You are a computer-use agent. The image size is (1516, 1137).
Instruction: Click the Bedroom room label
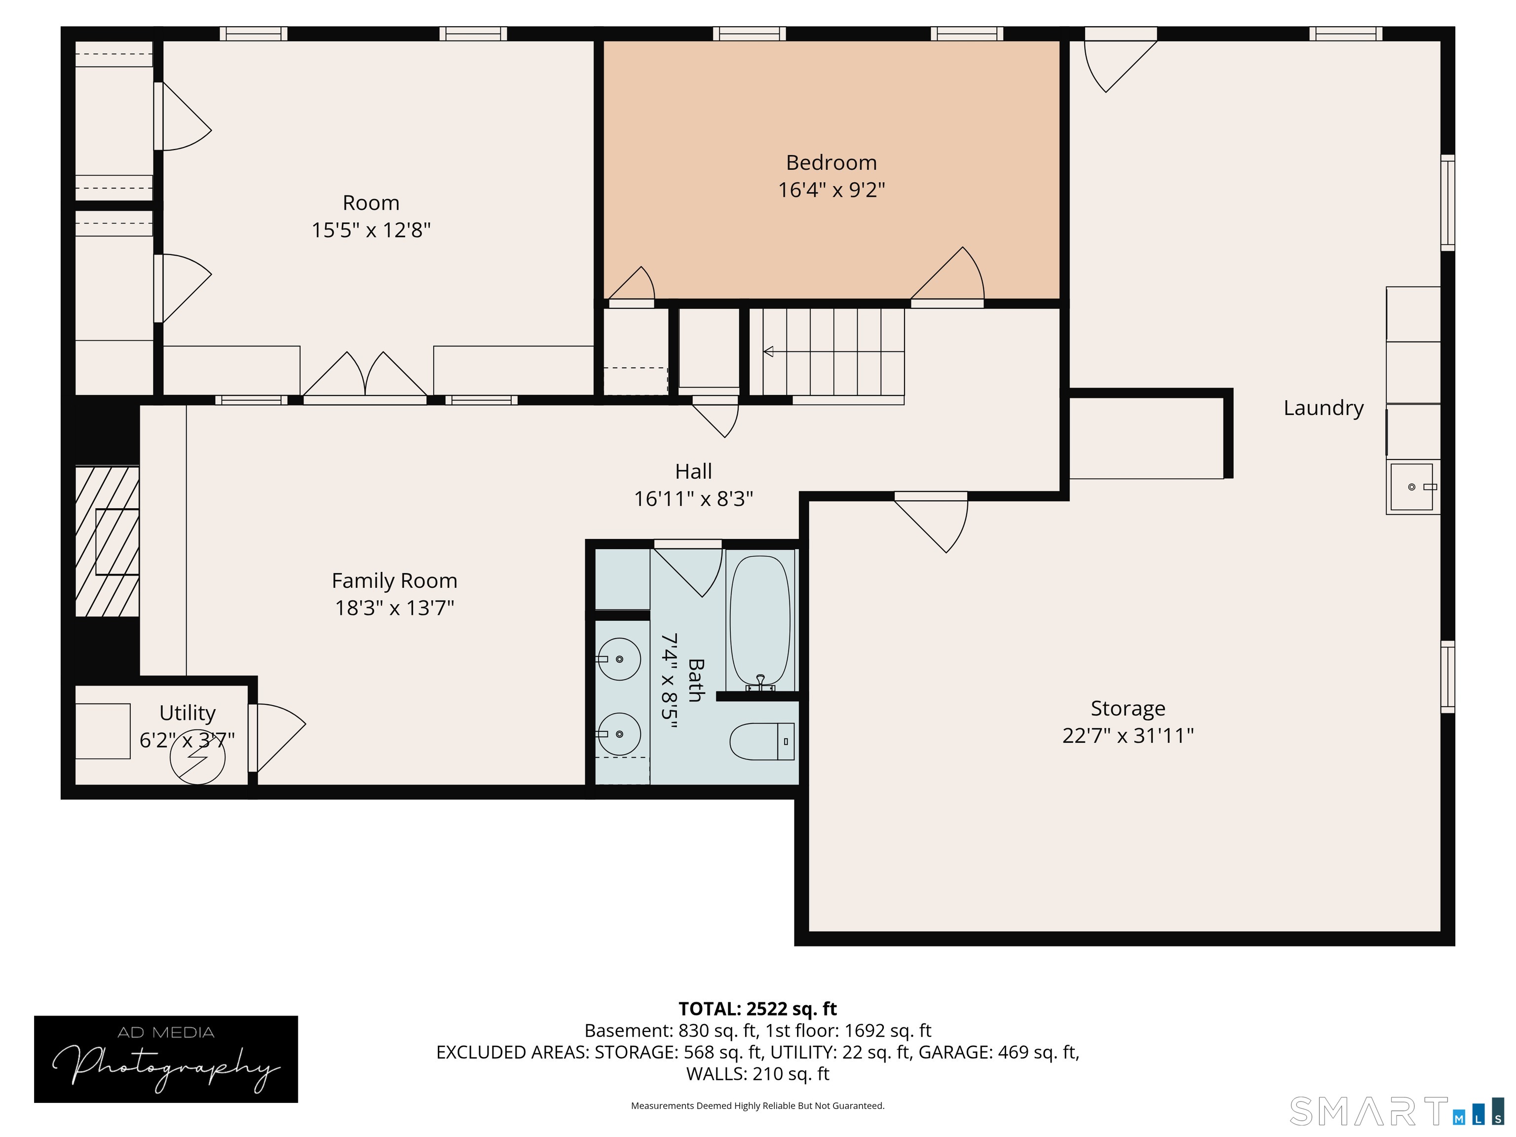[832, 162]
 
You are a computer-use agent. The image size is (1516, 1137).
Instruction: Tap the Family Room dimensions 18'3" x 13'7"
[394, 608]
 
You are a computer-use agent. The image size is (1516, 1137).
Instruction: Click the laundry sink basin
[1412, 487]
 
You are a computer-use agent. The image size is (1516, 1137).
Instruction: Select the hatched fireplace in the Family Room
[107, 541]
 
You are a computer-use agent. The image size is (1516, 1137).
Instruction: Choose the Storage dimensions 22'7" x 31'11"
[1128, 735]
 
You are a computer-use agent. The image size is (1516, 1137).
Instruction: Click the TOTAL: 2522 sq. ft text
[758, 1009]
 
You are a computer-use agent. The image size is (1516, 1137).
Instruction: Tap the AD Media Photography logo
[166, 1060]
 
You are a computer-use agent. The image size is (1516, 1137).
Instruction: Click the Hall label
[693, 471]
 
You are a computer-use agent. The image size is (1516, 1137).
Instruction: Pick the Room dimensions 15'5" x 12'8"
[371, 229]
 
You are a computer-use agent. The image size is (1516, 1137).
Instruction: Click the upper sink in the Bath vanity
[619, 659]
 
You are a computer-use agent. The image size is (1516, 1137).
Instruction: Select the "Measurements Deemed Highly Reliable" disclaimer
[758, 1105]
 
